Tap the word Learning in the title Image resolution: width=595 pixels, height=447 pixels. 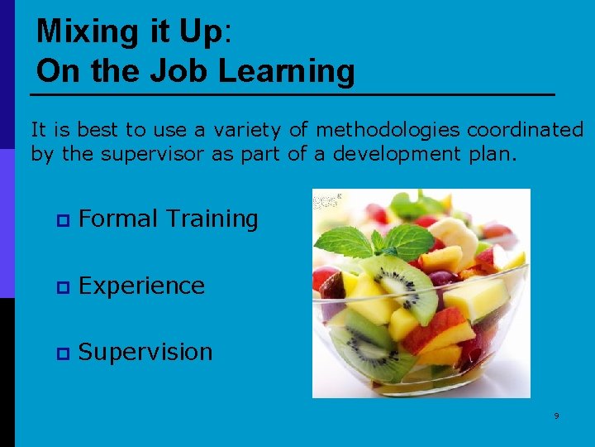point(287,71)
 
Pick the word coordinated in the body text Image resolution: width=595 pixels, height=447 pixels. point(526,130)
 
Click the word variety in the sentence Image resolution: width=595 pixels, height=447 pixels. point(245,130)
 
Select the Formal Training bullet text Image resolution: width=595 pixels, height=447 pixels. point(168,219)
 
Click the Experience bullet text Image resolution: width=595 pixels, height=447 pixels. point(141,286)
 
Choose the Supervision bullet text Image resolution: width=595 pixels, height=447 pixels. point(145,352)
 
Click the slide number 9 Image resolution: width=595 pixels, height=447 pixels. point(556,416)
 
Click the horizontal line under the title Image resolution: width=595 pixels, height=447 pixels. point(295,95)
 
